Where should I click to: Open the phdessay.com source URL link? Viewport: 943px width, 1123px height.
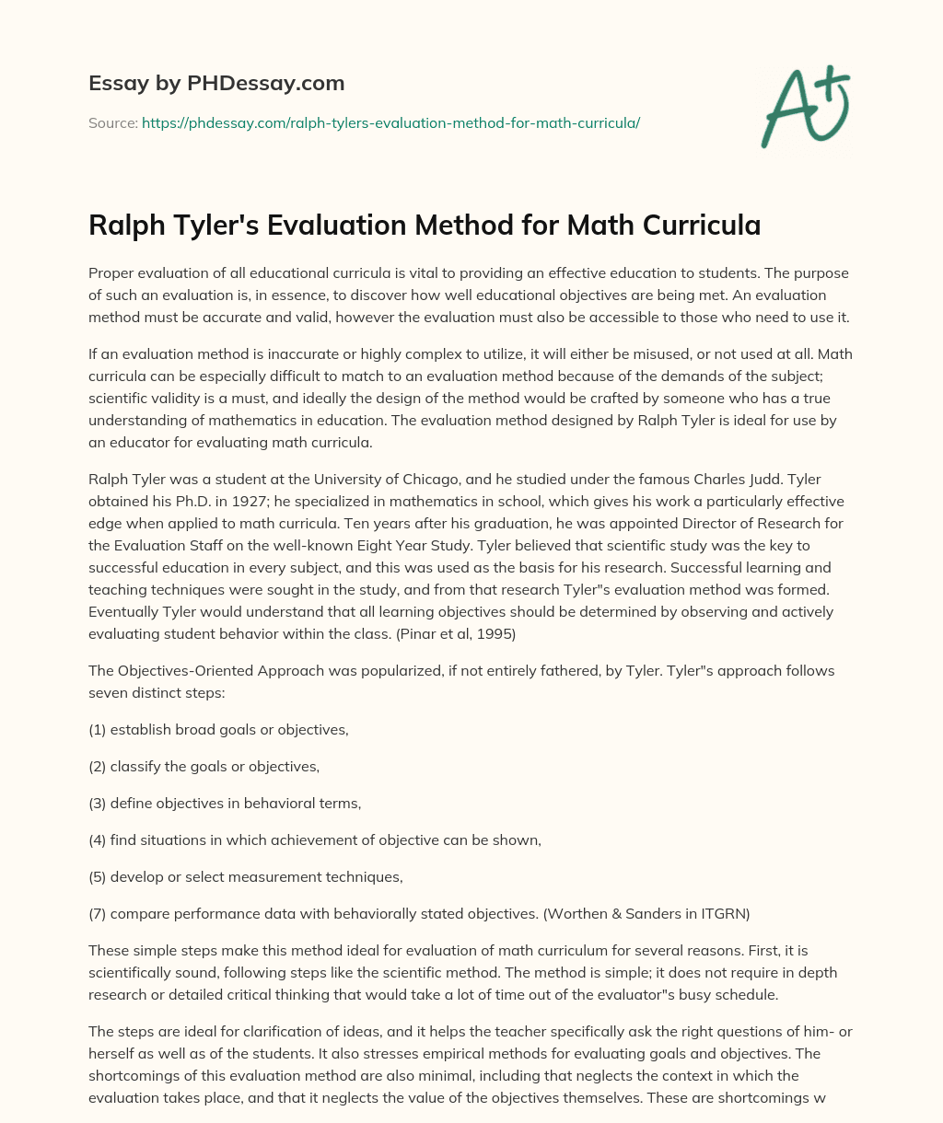390,122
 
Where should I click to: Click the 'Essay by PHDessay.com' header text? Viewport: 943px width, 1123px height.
216,83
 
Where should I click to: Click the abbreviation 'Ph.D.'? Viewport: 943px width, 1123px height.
175,502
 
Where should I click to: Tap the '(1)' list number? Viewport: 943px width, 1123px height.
98,730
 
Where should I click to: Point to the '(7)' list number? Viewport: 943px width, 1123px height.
98,914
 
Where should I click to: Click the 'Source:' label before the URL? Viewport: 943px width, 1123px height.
113,122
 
